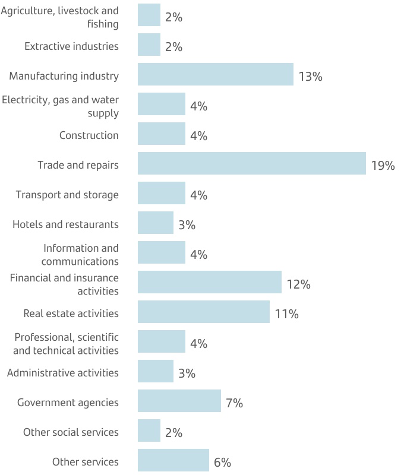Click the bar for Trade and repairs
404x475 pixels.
pyautogui.click(x=251, y=163)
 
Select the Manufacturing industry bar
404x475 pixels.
pyautogui.click(x=215, y=74)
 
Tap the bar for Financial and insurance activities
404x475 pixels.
pyautogui.click(x=209, y=282)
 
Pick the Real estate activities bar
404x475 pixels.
pyautogui.click(x=203, y=312)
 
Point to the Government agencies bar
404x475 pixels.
pyautogui.click(x=179, y=401)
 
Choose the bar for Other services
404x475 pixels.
pyautogui.click(x=173, y=460)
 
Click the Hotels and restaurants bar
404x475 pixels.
pyautogui.click(x=155, y=223)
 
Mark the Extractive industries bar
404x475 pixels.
pyautogui.click(x=149, y=45)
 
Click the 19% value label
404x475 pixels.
pyautogui.click(x=383, y=166)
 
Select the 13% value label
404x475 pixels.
pyautogui.click(x=310, y=77)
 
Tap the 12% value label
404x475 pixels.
pyautogui.click(x=298, y=284)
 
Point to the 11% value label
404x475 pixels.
pyautogui.click(x=286, y=314)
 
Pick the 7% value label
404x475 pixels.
pyautogui.click(x=234, y=403)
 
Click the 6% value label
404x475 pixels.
pyautogui.click(x=222, y=463)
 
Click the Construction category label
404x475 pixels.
pyautogui.click(x=89, y=135)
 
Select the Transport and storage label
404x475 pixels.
pyautogui.click(x=67, y=195)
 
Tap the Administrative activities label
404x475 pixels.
pyautogui.click(x=62, y=373)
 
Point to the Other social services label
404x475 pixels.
pyautogui.click(x=71, y=432)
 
